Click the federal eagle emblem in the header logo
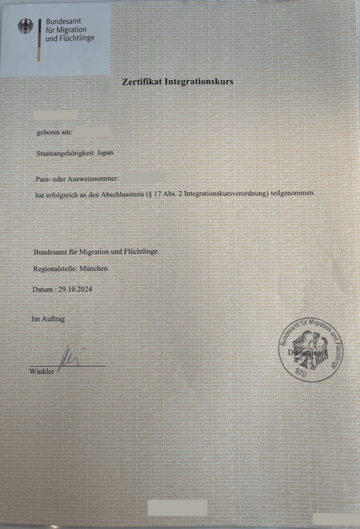tap(25, 26)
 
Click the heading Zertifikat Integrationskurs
tap(178, 82)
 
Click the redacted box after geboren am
tap(91, 133)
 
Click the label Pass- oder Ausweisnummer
tap(77, 179)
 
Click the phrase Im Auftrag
tap(48, 319)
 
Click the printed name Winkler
tap(41, 371)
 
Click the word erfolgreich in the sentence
tap(61, 193)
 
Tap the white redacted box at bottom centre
tap(177, 508)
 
